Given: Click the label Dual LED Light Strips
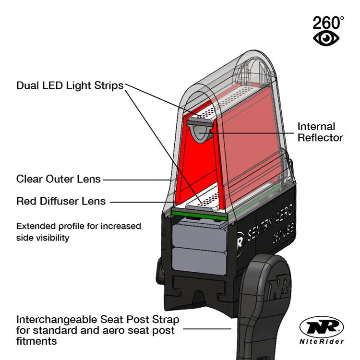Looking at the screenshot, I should [70, 85].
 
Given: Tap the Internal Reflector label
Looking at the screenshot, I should [320, 132].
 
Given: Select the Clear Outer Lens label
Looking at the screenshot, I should [59, 179].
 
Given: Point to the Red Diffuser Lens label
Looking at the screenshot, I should [61, 201].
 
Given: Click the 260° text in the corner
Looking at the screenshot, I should [328, 22].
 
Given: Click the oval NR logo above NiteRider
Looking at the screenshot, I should [322, 328].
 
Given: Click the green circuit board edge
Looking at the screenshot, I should [196, 215].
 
